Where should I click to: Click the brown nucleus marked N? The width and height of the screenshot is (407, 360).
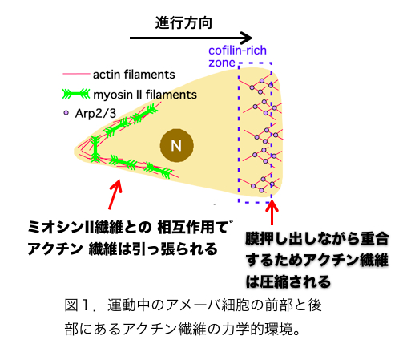coord(177,145)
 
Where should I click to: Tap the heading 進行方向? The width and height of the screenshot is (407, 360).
coord(183,22)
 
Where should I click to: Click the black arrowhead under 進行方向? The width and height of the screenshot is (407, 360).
coord(246,38)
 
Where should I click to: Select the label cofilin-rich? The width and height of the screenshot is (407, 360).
coord(237,51)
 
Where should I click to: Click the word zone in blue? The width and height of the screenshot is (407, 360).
coord(222,63)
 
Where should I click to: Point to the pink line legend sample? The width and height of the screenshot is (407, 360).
coord(76,74)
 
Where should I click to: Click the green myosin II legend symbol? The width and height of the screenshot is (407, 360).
coord(76,94)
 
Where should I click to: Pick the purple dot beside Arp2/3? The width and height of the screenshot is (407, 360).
coord(66,113)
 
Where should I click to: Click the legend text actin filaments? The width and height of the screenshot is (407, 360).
coord(134,75)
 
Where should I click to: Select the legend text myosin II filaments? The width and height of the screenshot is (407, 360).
coord(145,95)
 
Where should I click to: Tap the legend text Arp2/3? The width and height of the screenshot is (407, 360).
coord(95,114)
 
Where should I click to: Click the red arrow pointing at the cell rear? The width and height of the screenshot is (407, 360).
coord(115,194)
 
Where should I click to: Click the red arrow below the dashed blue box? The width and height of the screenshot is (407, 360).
coord(272,212)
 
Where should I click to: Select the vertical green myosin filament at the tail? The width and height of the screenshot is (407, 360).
coord(95,148)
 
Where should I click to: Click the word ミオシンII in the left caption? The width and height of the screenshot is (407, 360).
coord(61,228)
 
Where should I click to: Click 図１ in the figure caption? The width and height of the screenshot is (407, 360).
coord(78,305)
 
